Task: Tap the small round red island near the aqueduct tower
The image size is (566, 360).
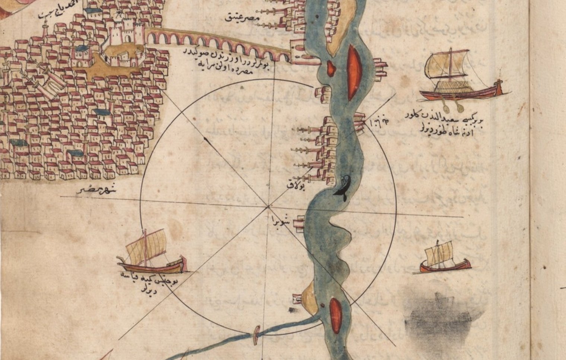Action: pos(330,68)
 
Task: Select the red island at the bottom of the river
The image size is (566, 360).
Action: pos(336,315)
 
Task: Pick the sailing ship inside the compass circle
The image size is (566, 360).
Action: pos(151,253)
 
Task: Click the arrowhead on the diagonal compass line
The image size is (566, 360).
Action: pos(205,138)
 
